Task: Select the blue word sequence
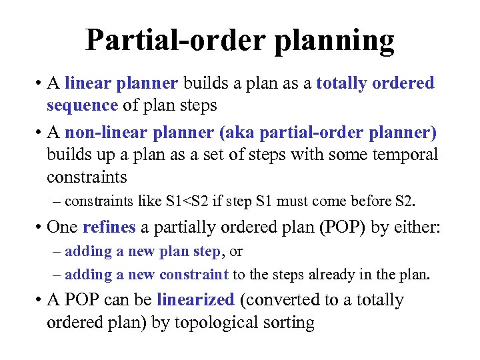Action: [x=82, y=105]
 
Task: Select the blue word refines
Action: [x=109, y=227]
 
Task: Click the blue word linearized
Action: [x=195, y=300]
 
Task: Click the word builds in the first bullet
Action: [x=204, y=83]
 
